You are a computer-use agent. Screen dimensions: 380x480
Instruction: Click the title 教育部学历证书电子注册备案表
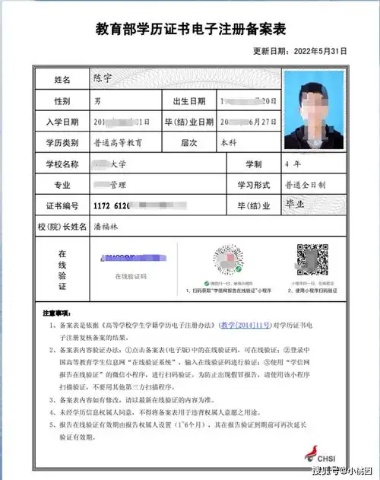(x=190, y=30)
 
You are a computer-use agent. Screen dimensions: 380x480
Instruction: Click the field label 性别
(x=62, y=100)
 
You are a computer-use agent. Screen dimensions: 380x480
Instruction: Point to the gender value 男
(x=96, y=100)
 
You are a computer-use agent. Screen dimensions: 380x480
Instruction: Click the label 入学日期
(x=62, y=122)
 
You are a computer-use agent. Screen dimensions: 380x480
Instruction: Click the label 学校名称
(x=62, y=164)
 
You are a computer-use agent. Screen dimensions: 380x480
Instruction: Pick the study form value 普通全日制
(x=306, y=185)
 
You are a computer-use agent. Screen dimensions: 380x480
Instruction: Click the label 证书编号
(x=62, y=206)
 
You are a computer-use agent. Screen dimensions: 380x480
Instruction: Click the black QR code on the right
(x=311, y=260)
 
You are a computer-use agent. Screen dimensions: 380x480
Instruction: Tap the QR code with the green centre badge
(x=226, y=260)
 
